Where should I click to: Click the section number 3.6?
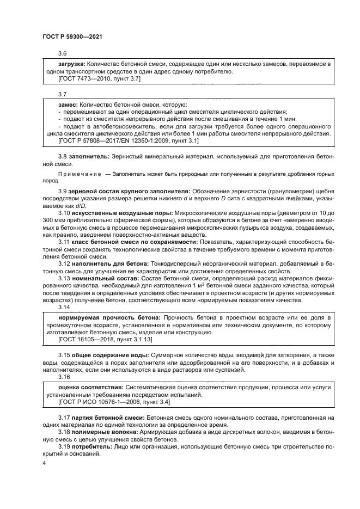point(63,53)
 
